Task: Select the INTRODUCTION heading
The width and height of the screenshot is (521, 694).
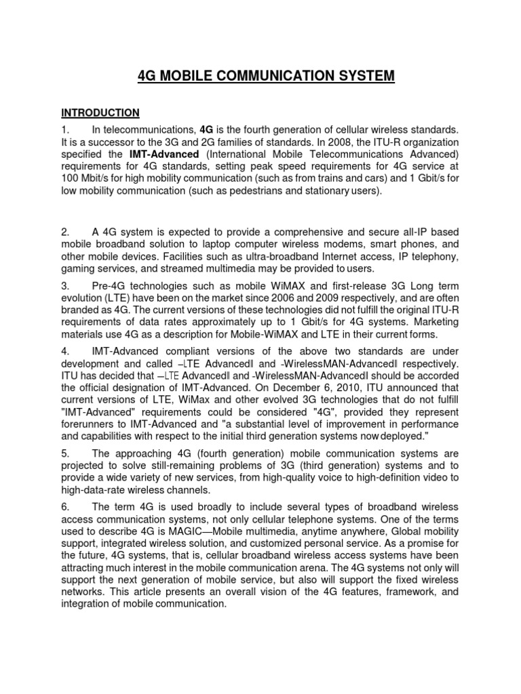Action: pos(100,113)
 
